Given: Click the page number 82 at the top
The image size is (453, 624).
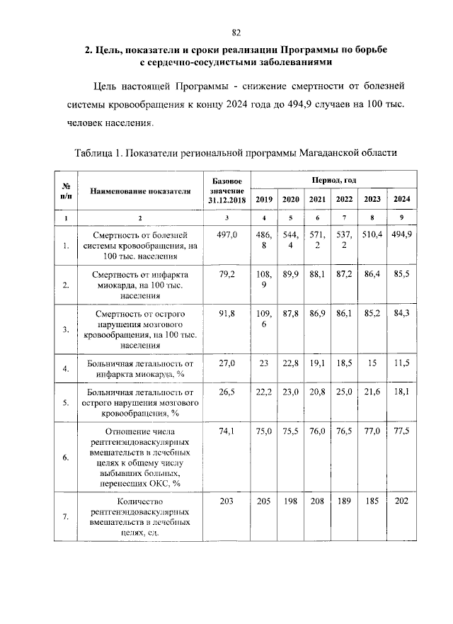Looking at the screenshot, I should tap(237, 32).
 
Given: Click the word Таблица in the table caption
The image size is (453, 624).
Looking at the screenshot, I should tap(96, 152).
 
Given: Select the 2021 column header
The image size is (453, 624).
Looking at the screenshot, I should tap(318, 200).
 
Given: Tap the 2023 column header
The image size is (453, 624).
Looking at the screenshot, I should tap(372, 200).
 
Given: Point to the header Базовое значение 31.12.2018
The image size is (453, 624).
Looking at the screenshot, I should tap(226, 191).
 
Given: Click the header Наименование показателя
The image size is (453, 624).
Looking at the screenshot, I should tap(140, 191).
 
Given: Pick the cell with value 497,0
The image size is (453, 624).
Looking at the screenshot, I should tap(226, 234).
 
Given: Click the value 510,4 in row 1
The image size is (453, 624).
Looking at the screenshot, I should tap(372, 234).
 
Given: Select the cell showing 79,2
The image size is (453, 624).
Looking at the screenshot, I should tap(226, 273).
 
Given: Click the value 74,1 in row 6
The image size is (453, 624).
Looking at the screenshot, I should tap(226, 430).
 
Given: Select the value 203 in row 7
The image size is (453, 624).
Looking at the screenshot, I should tap(226, 501).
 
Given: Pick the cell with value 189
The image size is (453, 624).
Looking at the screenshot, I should tap(344, 501).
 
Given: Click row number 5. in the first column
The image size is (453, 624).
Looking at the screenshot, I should tap(65, 403).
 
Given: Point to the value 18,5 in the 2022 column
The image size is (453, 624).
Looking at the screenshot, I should tap(344, 363).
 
